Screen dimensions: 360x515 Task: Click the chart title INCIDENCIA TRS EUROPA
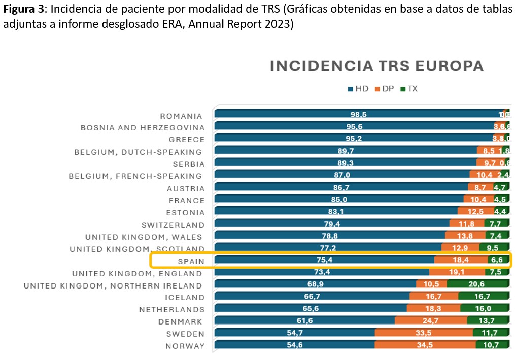[x=376, y=66]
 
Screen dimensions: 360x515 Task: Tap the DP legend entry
[x=384, y=89]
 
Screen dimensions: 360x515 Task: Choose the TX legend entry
[x=409, y=89]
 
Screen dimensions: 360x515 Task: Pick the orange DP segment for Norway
[x=425, y=345]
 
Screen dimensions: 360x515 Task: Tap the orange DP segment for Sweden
[x=424, y=333]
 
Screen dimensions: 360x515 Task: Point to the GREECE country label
[x=187, y=140]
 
